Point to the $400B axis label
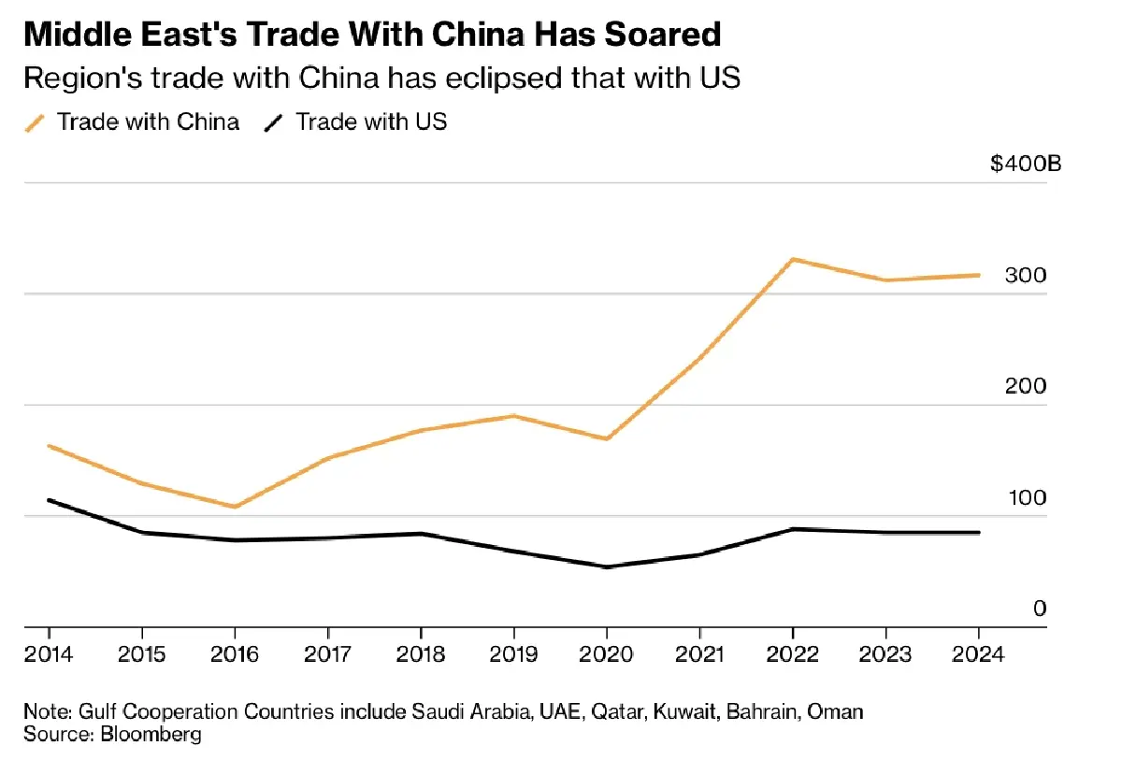tap(1026, 165)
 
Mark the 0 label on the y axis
tap(1040, 609)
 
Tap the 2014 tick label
tap(49, 653)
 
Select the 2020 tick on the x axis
tap(606, 653)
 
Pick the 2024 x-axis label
tap(978, 653)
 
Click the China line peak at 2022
tap(793, 259)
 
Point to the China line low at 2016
tap(235, 507)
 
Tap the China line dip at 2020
tap(606, 438)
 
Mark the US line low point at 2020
tap(606, 566)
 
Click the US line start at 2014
tap(49, 500)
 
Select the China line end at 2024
tap(978, 275)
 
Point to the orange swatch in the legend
tap(36, 122)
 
